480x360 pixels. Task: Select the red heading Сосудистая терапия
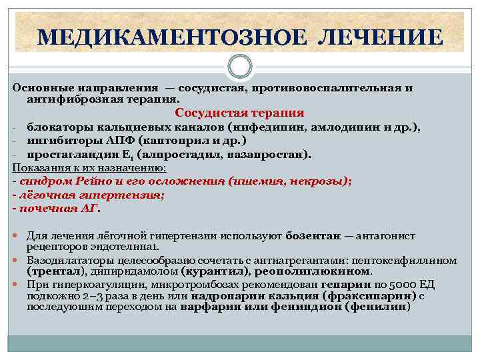click(x=239, y=113)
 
